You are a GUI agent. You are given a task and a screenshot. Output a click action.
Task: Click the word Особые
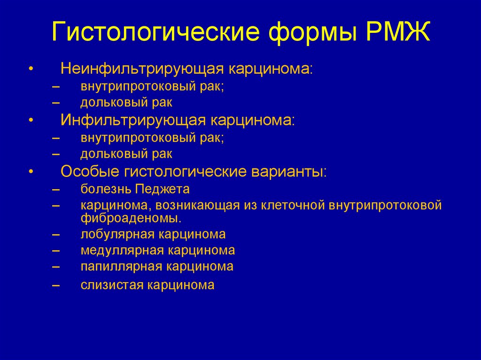89,171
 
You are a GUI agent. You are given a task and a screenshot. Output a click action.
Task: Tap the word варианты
289,171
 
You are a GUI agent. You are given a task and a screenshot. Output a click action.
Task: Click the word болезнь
106,189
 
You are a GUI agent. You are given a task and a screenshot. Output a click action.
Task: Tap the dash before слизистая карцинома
56,285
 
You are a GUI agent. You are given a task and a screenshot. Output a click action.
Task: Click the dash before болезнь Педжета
56,190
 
